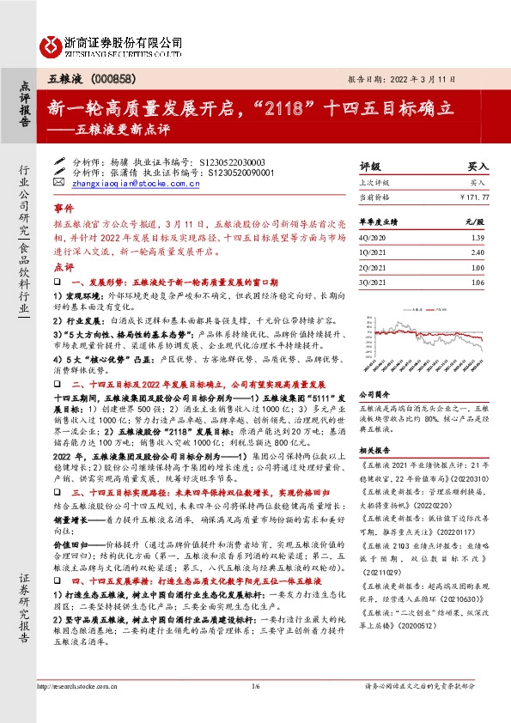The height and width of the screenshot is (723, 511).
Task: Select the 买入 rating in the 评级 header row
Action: [477, 167]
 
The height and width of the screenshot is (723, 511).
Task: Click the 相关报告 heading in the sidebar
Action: [375, 450]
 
